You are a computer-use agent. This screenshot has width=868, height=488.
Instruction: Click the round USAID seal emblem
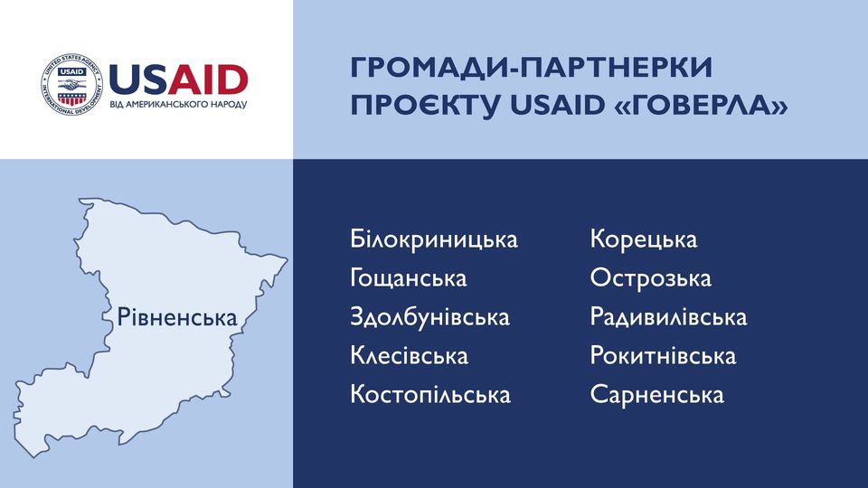(x=72, y=85)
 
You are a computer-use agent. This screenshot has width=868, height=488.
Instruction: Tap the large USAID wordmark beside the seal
(x=178, y=80)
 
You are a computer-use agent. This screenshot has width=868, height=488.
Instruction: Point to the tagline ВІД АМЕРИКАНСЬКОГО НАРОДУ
(x=178, y=104)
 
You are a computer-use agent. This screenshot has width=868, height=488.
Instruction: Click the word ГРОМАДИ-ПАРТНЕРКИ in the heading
(x=532, y=67)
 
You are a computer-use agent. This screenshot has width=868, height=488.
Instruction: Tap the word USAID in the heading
(x=557, y=105)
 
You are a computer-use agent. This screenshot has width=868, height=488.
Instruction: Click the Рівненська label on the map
(x=177, y=317)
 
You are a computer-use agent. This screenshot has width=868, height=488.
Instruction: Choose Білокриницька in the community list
(x=434, y=239)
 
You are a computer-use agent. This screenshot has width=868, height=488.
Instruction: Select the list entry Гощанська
(x=409, y=278)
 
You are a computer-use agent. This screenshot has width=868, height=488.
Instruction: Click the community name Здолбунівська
(x=430, y=317)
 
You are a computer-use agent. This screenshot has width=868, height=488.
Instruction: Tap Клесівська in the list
(x=409, y=356)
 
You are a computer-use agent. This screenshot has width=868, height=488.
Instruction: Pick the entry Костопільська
(x=430, y=395)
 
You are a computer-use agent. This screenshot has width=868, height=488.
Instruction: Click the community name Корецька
(x=644, y=239)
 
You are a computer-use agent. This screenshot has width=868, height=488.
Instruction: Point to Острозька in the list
(x=650, y=278)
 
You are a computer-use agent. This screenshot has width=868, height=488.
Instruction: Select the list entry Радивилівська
(x=669, y=317)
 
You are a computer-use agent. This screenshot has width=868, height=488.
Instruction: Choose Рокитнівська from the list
(x=663, y=356)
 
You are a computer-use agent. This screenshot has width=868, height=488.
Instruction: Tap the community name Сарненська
(x=657, y=395)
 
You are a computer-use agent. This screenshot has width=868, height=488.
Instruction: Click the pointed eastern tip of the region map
(x=288, y=258)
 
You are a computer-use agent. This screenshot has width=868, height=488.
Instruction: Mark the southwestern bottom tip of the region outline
(x=35, y=457)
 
